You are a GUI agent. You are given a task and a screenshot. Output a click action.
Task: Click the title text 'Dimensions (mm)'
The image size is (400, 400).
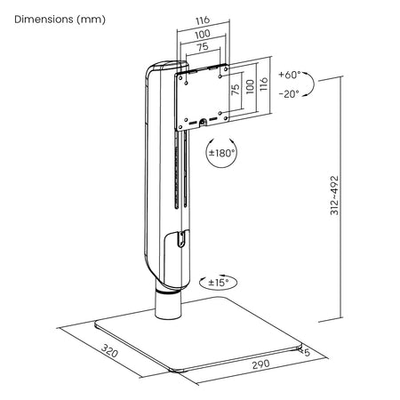[60, 20]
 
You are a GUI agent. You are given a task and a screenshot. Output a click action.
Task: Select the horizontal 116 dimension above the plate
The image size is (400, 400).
[203, 20]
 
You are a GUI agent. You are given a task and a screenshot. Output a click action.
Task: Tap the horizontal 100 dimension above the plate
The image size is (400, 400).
[203, 34]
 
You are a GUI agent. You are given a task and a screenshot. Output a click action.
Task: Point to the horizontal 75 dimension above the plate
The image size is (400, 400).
[203, 47]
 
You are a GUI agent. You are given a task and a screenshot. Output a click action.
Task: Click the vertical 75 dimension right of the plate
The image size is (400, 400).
[236, 90]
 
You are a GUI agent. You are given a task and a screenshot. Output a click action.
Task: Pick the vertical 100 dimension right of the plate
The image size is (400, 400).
[251, 86]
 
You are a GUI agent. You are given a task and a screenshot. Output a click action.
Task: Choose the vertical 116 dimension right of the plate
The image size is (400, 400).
[263, 84]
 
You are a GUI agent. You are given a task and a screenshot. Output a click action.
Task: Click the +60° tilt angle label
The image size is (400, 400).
[290, 75]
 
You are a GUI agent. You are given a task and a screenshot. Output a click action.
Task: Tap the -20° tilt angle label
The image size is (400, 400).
[289, 94]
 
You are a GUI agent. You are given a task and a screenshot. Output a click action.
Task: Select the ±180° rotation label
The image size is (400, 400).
[221, 153]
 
